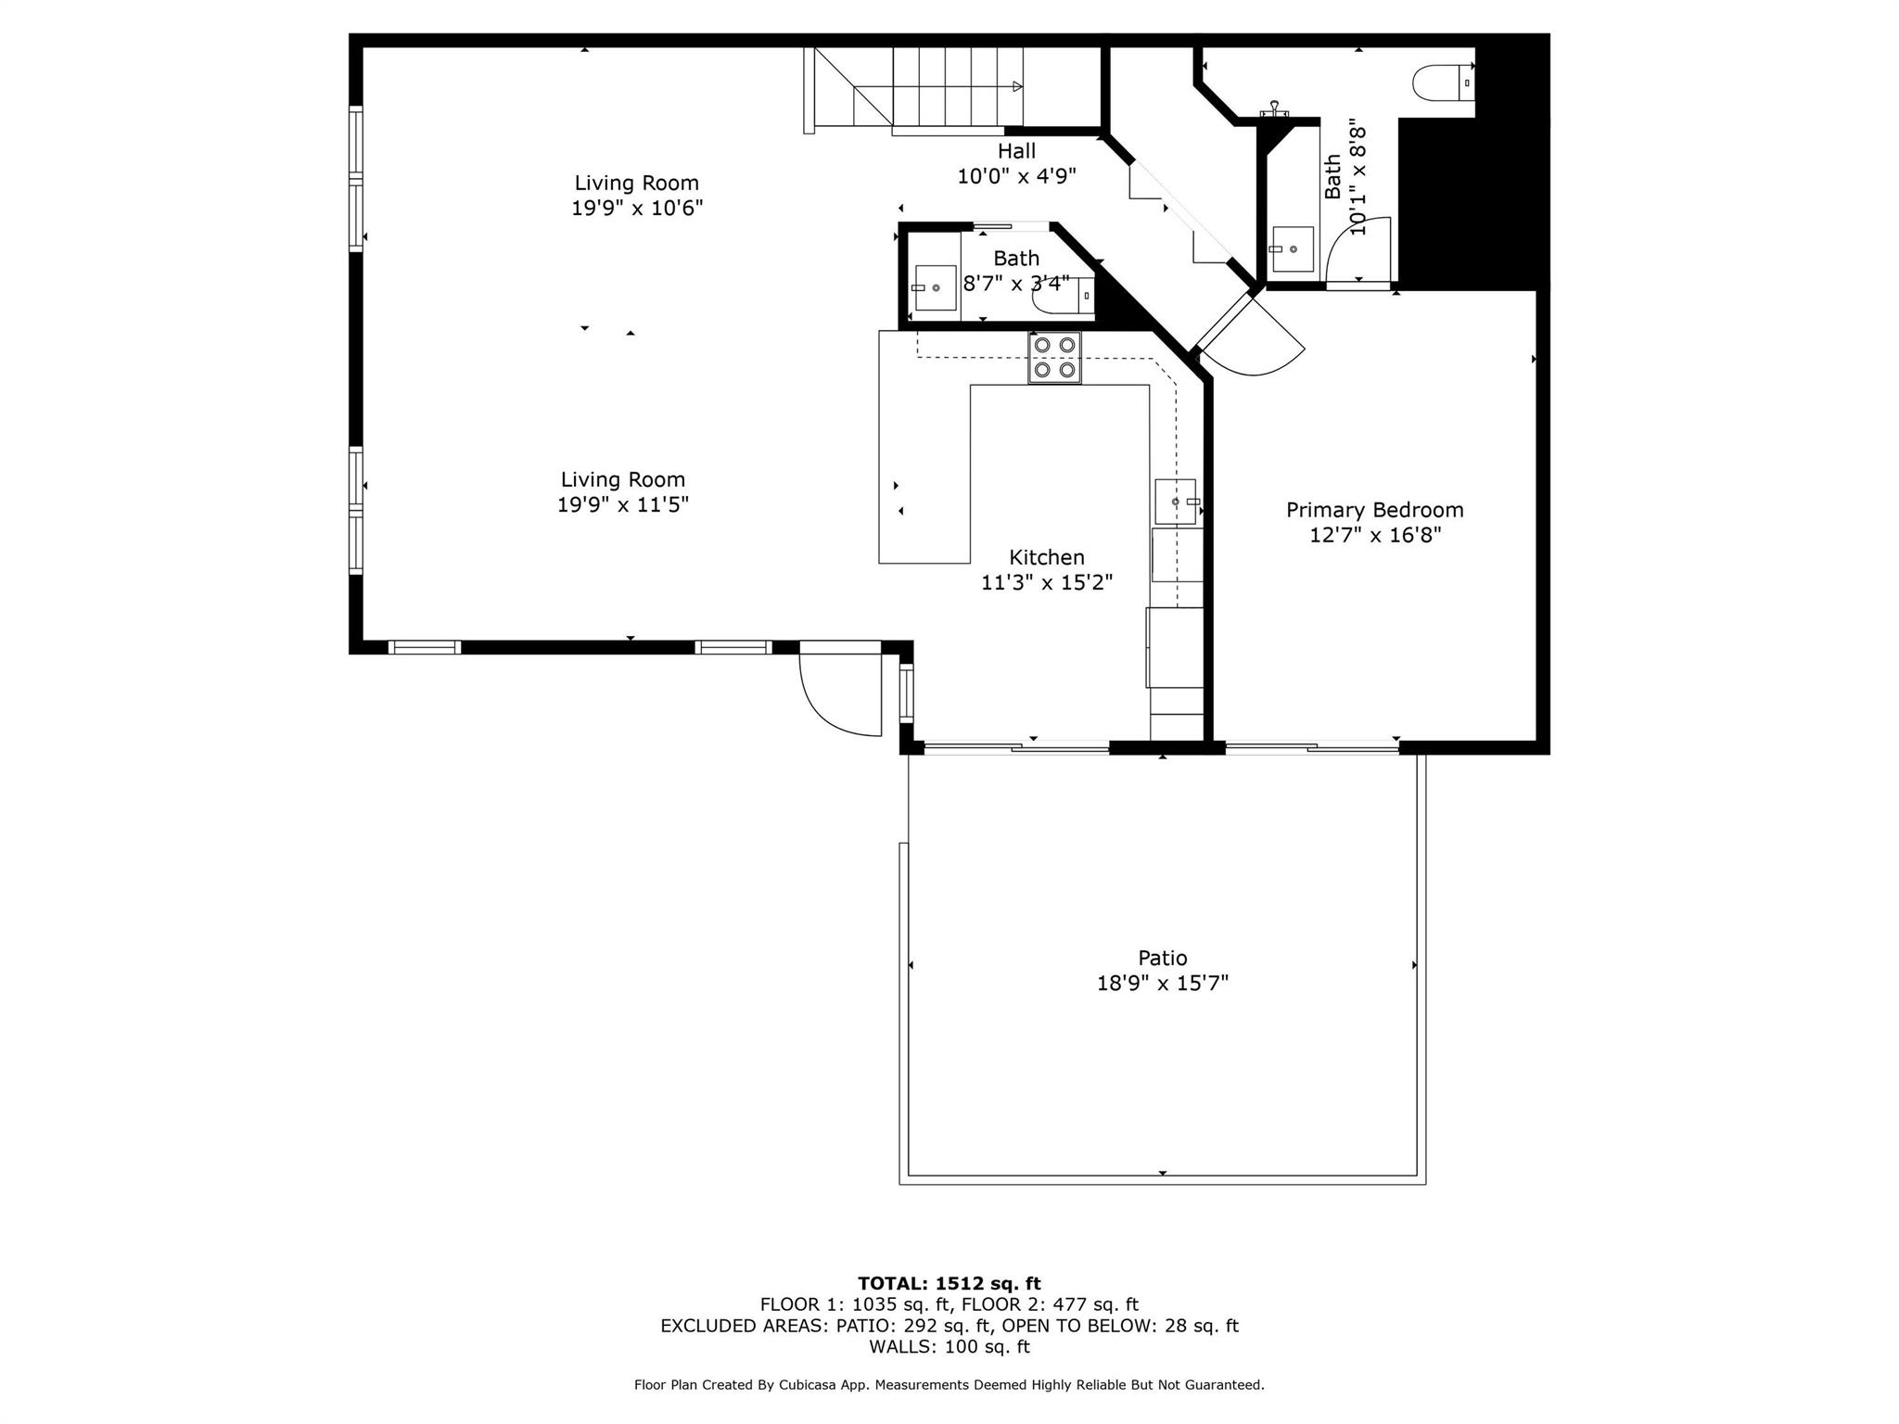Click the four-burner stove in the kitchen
(1054, 358)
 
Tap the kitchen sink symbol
(1176, 502)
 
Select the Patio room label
(1162, 958)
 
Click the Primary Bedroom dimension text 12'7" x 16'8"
(1374, 535)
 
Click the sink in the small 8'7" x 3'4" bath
(935, 287)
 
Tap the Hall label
(1016, 151)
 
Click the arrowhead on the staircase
(1017, 86)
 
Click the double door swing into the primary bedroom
(1253, 338)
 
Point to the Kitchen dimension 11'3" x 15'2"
(1047, 582)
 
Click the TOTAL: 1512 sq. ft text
(949, 1284)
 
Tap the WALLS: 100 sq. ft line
(949, 1347)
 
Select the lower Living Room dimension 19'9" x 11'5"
(622, 505)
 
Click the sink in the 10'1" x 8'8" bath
(1292, 248)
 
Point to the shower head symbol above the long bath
(1274, 110)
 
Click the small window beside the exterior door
(906, 693)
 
